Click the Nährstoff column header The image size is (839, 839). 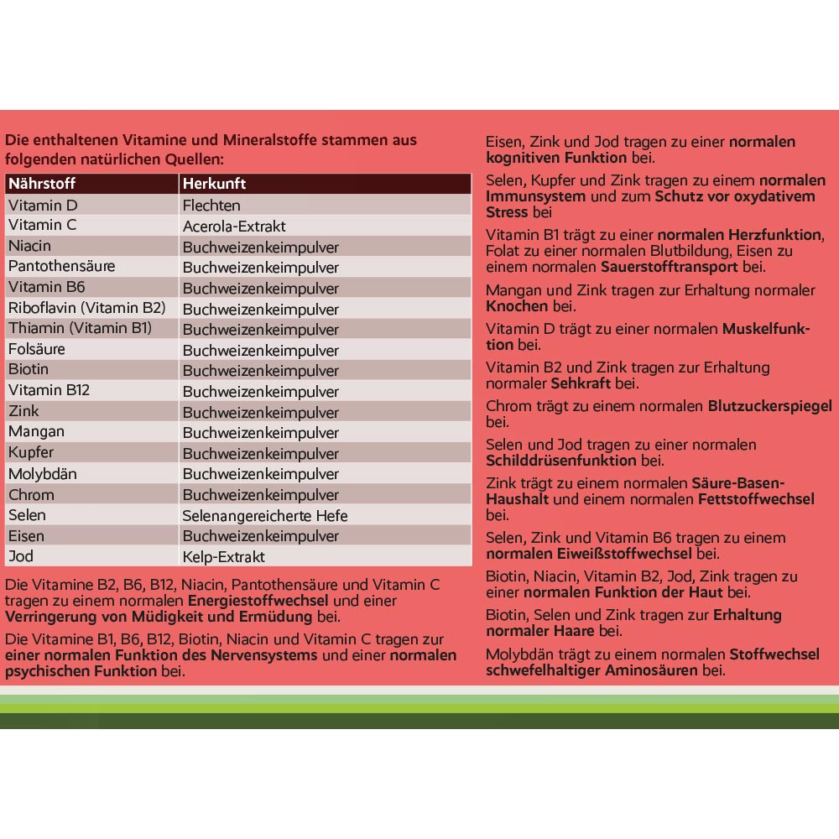tap(42, 184)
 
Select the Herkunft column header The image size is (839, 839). tap(214, 184)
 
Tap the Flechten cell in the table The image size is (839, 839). tap(211, 206)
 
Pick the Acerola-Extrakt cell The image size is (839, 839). tap(234, 227)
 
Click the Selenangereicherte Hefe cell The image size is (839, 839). tap(264, 516)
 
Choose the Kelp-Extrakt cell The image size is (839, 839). tap(223, 557)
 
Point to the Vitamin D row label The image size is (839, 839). tap(43, 205)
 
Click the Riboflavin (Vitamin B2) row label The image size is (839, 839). tap(87, 308)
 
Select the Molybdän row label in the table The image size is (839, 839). tap(43, 474)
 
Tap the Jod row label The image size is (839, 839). tap(21, 556)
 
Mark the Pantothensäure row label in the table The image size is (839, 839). tap(62, 267)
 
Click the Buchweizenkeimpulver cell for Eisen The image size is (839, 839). tap(261, 536)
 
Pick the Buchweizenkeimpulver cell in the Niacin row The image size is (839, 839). tap(261, 248)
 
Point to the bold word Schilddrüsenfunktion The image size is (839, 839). tap(561, 461)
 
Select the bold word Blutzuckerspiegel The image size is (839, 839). tap(770, 406)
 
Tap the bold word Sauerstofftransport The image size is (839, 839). tap(670, 267)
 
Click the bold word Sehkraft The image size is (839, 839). tap(581, 383)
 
